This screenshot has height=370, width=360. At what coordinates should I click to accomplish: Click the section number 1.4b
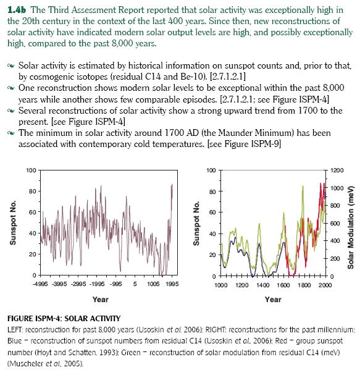pyautogui.click(x=17, y=10)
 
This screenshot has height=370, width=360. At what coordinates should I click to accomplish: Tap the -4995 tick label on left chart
pyautogui.click(x=40, y=284)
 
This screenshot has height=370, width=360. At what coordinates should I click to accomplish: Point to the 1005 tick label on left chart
pyautogui.click(x=153, y=284)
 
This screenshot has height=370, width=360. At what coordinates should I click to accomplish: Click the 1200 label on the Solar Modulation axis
pyautogui.click(x=337, y=170)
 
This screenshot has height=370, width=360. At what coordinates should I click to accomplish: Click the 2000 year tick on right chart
pyautogui.click(x=325, y=285)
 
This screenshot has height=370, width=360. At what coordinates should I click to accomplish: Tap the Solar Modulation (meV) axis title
pyautogui.click(x=351, y=227)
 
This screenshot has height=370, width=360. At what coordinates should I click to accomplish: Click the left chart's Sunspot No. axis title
pyautogui.click(x=13, y=223)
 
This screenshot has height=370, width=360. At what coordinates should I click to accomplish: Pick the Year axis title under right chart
pyautogui.click(x=273, y=300)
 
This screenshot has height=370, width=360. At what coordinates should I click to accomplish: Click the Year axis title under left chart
pyautogui.click(x=101, y=300)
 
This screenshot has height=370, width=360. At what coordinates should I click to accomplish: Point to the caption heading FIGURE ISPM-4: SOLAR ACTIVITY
pyautogui.click(x=64, y=319)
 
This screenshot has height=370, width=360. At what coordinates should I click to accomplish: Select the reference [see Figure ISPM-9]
pyautogui.click(x=244, y=144)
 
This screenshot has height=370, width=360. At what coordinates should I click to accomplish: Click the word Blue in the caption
pyautogui.click(x=15, y=341)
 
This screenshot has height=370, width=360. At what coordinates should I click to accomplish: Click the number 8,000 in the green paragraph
pyautogui.click(x=123, y=44)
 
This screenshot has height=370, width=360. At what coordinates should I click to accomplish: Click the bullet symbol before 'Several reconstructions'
pyautogui.click(x=11, y=111)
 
